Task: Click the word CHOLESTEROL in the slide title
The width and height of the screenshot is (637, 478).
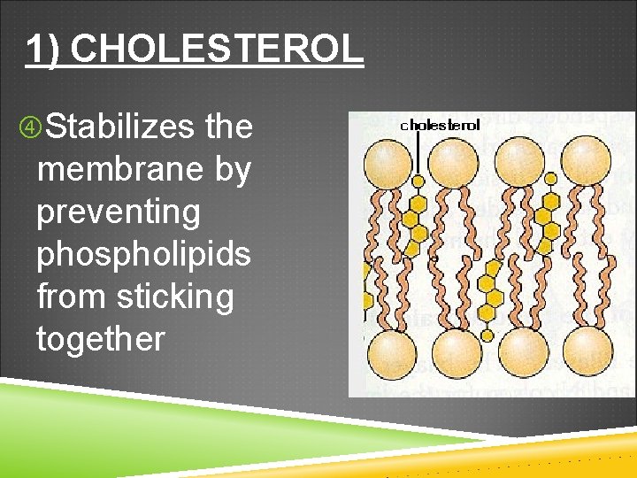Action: [217, 50]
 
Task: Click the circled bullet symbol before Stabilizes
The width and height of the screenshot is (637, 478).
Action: [28, 128]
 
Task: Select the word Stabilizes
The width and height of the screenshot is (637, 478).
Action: [119, 127]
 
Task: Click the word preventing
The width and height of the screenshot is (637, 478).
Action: [119, 212]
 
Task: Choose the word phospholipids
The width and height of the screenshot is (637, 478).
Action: [143, 255]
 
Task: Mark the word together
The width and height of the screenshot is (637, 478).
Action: [100, 339]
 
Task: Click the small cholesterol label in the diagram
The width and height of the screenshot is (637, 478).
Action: [441, 125]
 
